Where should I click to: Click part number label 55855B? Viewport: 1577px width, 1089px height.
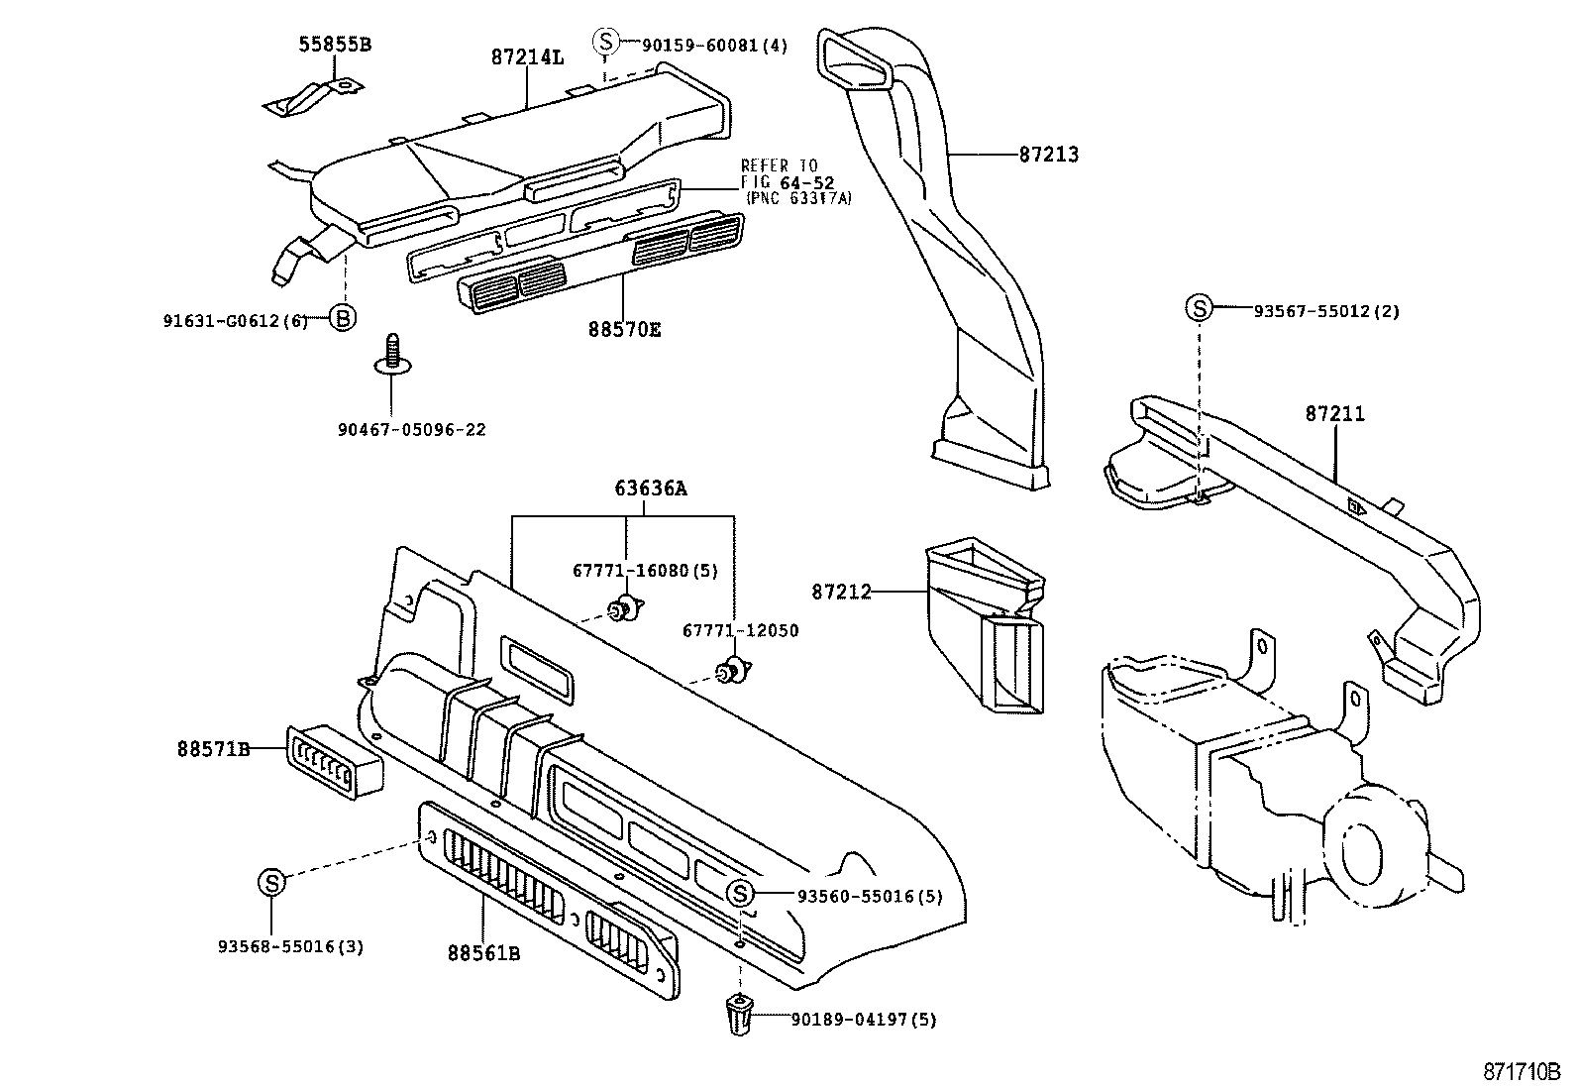(x=335, y=45)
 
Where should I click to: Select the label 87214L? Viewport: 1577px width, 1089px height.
(x=526, y=57)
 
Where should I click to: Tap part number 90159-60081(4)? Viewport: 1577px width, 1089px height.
(x=714, y=45)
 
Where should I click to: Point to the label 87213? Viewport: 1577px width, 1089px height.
(x=1047, y=155)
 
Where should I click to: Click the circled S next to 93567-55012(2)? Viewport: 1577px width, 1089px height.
(x=1199, y=308)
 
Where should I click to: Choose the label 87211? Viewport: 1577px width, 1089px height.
(x=1334, y=414)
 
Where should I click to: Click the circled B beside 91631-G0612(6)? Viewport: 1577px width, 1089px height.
(x=342, y=318)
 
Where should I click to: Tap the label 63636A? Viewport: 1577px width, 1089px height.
(x=650, y=489)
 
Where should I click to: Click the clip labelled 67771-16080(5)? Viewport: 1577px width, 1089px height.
(x=625, y=609)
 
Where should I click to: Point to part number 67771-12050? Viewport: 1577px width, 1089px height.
(x=740, y=631)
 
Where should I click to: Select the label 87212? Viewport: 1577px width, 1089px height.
(x=841, y=592)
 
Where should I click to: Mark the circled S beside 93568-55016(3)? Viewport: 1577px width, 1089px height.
(x=271, y=881)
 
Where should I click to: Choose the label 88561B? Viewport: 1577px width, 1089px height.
(x=483, y=953)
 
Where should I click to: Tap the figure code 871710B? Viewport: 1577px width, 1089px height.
(x=1522, y=1072)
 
